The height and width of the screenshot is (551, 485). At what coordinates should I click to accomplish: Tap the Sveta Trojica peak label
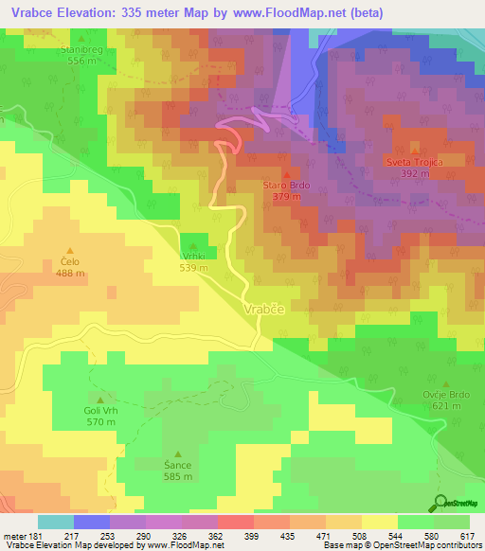click(415, 162)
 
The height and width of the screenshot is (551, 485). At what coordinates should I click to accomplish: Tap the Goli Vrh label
click(101, 412)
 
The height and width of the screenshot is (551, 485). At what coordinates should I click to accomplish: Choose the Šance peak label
click(177, 466)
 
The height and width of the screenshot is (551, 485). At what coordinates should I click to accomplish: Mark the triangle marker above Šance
click(177, 454)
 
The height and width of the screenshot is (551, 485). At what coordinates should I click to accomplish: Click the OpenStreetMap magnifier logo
click(440, 503)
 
